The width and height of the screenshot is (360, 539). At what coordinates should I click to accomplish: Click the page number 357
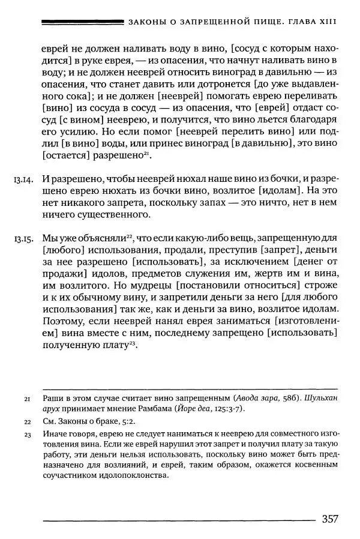(x=334, y=519)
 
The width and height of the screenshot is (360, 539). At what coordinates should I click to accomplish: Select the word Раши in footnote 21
(x=53, y=399)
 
